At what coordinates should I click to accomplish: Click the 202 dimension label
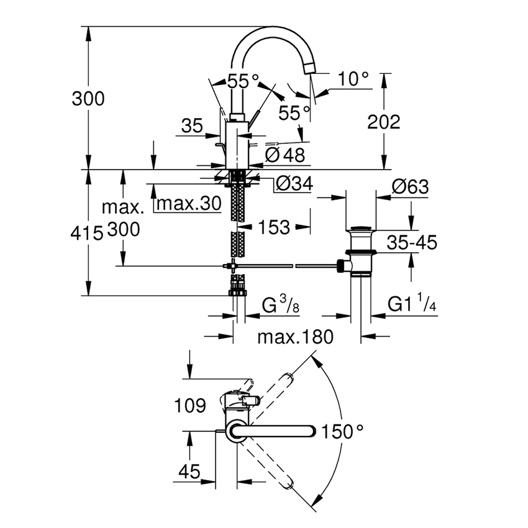[383, 122]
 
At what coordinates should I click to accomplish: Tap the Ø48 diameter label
[285, 155]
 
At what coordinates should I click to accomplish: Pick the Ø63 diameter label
[410, 186]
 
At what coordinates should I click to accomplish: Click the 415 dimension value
[87, 233]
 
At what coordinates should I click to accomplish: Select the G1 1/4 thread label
[412, 304]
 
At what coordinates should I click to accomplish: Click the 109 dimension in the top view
[189, 407]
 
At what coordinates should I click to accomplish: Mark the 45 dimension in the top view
[189, 471]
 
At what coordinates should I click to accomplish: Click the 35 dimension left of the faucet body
[193, 127]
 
